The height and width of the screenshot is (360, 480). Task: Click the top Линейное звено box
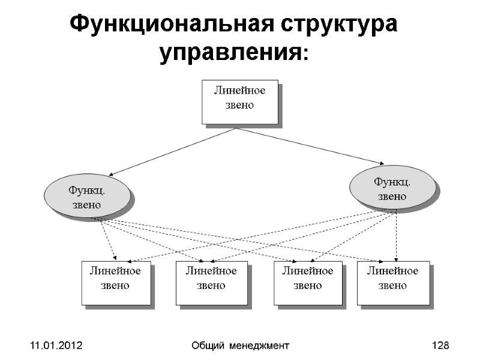pos(239,101)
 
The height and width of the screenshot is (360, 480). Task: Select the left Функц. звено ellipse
pos(87,195)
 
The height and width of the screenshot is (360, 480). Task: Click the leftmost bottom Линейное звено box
pos(115,283)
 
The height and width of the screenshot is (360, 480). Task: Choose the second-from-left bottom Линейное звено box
pos(211,283)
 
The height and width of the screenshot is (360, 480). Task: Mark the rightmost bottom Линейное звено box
pos(393,283)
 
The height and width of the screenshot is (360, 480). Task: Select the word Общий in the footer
pos(206,346)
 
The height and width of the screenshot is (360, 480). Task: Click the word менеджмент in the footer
pos(260,346)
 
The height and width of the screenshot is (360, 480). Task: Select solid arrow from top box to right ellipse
pos(312,146)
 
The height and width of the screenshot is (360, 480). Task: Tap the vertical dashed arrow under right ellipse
pos(396,237)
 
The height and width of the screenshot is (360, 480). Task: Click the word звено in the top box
pos(239,105)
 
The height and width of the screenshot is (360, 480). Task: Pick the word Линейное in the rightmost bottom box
pos(393,271)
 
